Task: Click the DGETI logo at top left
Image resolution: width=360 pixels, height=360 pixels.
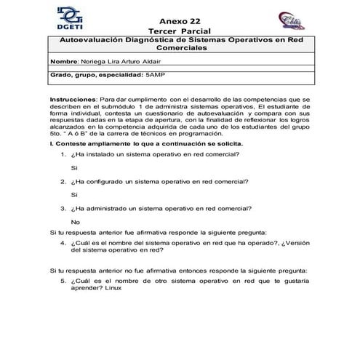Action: (x=68, y=16)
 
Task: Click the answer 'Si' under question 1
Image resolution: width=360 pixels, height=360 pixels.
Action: (x=74, y=167)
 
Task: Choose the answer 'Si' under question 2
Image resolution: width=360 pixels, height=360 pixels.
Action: (x=74, y=194)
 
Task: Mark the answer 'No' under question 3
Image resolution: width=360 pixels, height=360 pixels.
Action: (x=76, y=221)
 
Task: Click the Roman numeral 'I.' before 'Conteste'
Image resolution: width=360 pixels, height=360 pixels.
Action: (x=51, y=143)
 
